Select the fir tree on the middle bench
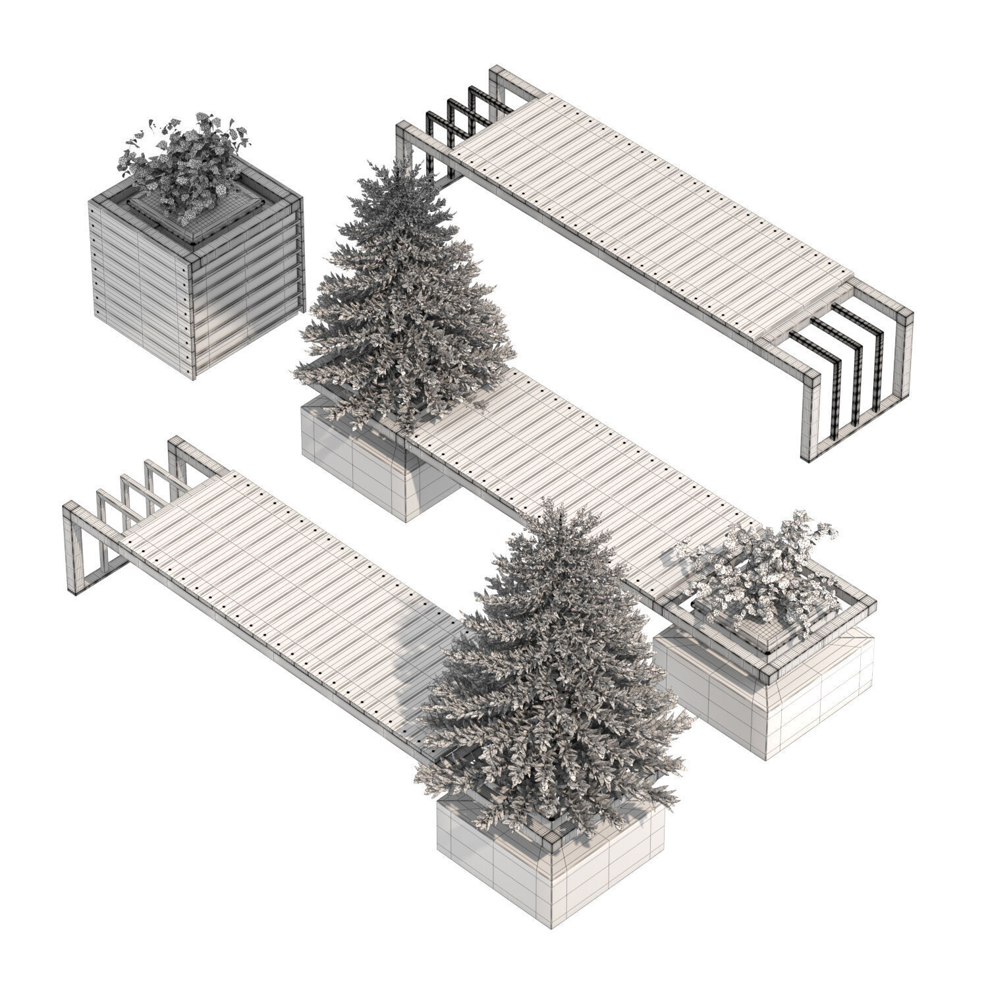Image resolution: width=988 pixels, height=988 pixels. pos(402,296)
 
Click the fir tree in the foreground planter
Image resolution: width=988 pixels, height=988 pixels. pos(553,678)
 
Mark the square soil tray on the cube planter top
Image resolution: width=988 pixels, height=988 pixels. pos(198,211)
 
